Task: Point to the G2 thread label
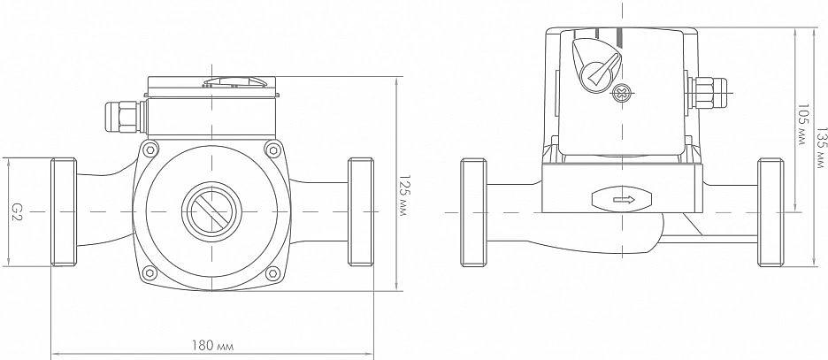point(17,211)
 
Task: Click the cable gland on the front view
point(121,114)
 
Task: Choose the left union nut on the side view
point(473,211)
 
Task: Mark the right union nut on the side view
point(770,211)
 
